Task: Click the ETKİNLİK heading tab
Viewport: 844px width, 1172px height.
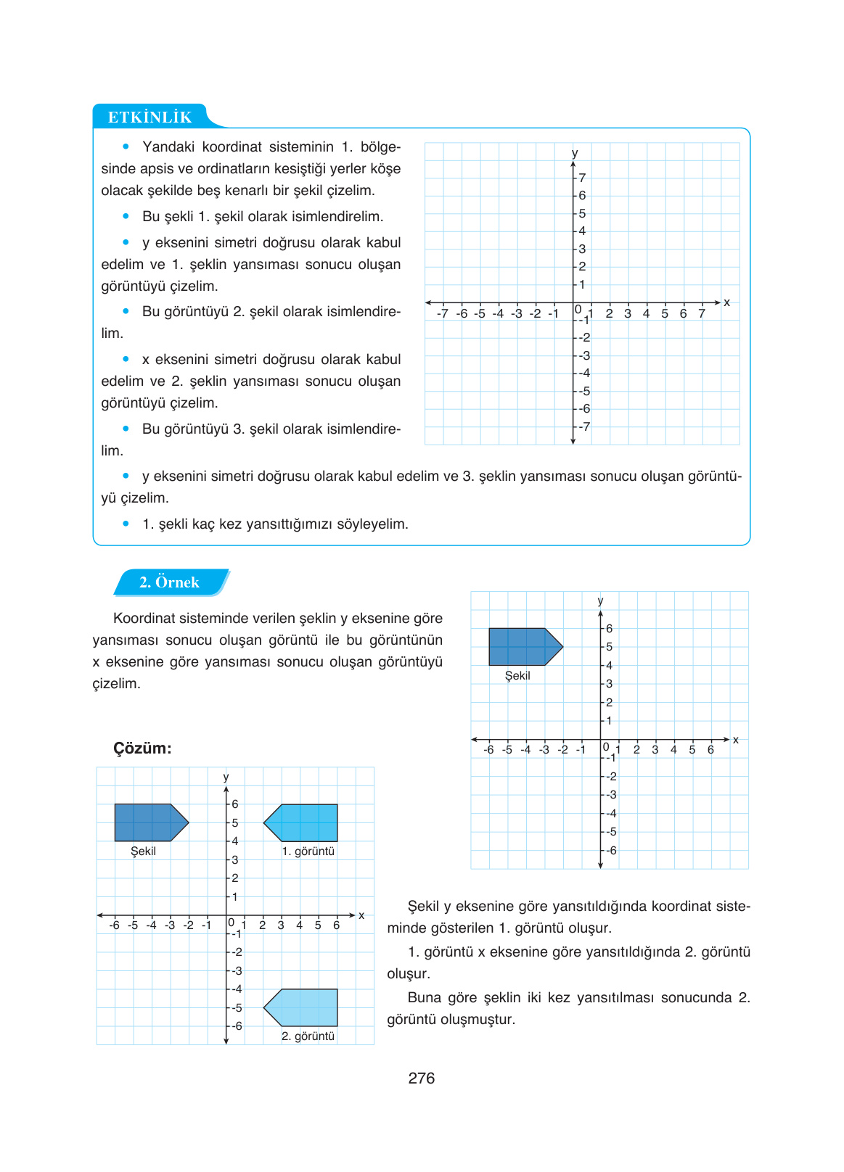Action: click(149, 117)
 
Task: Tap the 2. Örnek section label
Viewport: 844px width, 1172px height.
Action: click(169, 582)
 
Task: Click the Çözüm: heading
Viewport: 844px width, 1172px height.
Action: click(142, 748)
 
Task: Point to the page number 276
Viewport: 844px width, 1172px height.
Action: click(421, 1078)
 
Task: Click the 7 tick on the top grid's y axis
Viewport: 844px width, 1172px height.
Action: click(582, 178)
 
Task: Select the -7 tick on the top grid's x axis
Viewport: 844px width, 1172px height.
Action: click(443, 314)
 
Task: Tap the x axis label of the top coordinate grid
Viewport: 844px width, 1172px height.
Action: click(726, 302)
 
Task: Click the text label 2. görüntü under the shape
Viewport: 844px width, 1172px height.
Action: click(308, 1036)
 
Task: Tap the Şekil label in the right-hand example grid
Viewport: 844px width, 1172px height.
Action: click(517, 676)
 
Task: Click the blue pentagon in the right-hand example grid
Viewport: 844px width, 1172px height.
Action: click(523, 646)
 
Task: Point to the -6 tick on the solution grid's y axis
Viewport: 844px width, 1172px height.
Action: click(237, 1026)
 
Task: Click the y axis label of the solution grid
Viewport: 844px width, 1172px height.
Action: click(226, 777)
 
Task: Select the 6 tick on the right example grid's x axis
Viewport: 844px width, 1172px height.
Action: click(710, 750)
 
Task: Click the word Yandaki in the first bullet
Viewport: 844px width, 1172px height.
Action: click(168, 147)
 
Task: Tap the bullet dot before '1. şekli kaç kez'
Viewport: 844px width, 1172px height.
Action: click(126, 524)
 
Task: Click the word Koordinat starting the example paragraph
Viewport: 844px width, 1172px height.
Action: click(148, 619)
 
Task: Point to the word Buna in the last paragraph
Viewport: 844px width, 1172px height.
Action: click(424, 998)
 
